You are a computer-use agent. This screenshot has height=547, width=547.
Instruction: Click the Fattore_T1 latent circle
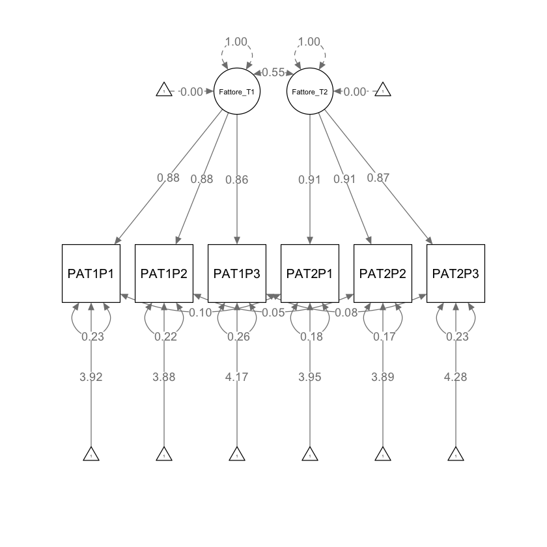(237, 91)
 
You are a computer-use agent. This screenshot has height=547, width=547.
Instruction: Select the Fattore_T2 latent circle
(310, 91)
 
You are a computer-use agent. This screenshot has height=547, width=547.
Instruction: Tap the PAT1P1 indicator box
(91, 273)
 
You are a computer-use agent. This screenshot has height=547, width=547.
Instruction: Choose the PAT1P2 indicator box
(164, 273)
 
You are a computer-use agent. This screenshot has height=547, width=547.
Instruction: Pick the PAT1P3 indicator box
(237, 273)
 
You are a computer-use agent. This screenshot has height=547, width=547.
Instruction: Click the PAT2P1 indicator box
(310, 273)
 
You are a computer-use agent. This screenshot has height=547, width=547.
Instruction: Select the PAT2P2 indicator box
(383, 273)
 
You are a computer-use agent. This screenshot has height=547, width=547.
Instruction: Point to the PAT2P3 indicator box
(456, 273)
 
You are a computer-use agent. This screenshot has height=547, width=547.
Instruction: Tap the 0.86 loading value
(237, 180)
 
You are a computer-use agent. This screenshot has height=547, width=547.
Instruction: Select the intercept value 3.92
(91, 376)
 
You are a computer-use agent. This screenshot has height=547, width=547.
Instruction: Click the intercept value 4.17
(237, 376)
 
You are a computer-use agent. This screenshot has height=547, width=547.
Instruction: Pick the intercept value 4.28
(456, 376)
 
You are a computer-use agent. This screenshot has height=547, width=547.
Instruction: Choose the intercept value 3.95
(310, 376)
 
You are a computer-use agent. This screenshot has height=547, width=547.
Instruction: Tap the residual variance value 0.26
(237, 337)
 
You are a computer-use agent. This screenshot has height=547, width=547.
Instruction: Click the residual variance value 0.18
(310, 337)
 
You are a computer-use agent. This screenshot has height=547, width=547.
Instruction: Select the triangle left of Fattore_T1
(164, 91)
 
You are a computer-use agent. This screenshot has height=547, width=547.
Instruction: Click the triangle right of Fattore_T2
(383, 91)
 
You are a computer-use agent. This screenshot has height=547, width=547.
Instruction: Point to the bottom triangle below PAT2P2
(383, 455)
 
